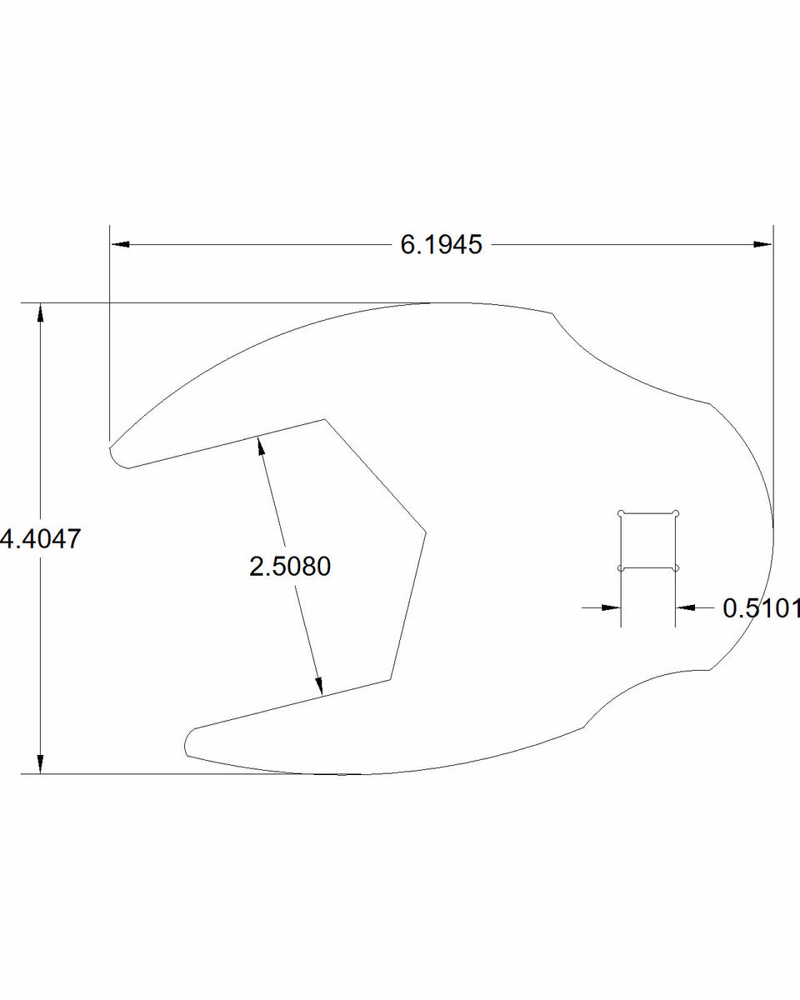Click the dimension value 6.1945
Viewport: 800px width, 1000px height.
coord(441,245)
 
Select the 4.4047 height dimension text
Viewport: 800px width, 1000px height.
coord(41,539)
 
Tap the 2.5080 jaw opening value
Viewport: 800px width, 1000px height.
coord(290,567)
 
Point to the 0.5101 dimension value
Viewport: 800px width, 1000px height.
coord(760,608)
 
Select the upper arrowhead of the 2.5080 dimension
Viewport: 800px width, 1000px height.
coord(262,445)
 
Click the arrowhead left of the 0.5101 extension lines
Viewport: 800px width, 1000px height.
coord(612,608)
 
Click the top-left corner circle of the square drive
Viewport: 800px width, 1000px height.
coord(621,512)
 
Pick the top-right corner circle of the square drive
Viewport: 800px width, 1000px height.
coord(676,512)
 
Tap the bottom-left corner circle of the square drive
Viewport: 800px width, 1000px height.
coord(621,568)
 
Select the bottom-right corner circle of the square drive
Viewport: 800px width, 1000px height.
coord(676,568)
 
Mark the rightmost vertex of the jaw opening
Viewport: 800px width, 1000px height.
coord(425,531)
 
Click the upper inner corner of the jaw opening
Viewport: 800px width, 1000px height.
coord(323,419)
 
